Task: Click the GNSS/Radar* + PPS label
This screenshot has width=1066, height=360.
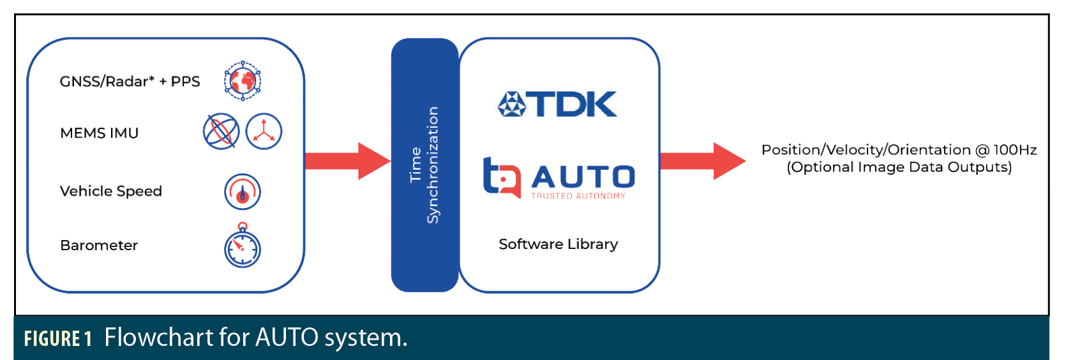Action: coord(130,82)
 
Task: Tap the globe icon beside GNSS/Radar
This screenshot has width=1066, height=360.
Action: coord(243,81)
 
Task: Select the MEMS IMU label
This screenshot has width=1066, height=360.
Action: coord(99,133)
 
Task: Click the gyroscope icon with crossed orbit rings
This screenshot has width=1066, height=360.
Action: coord(221,132)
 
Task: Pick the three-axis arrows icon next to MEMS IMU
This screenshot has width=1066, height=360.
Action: coord(264,131)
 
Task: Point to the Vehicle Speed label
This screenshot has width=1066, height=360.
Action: coord(110,191)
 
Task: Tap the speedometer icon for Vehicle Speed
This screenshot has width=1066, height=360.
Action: coord(243,191)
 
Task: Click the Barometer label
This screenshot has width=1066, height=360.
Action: coord(99,245)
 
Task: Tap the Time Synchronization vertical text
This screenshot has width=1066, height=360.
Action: coord(424,165)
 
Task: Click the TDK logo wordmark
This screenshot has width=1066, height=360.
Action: coord(574,104)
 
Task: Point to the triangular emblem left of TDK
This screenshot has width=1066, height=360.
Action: coord(511,104)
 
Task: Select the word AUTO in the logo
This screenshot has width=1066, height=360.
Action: coord(583,177)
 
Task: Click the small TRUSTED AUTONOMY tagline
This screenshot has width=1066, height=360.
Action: coord(578,196)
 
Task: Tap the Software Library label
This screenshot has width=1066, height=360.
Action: coord(558,244)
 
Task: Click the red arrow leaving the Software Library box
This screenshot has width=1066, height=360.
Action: coord(702,161)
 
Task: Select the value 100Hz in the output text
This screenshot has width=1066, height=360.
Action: coord(1014,150)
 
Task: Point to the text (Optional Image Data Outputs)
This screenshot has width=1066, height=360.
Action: coord(899,167)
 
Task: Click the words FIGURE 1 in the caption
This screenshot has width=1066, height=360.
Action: coord(58,338)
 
